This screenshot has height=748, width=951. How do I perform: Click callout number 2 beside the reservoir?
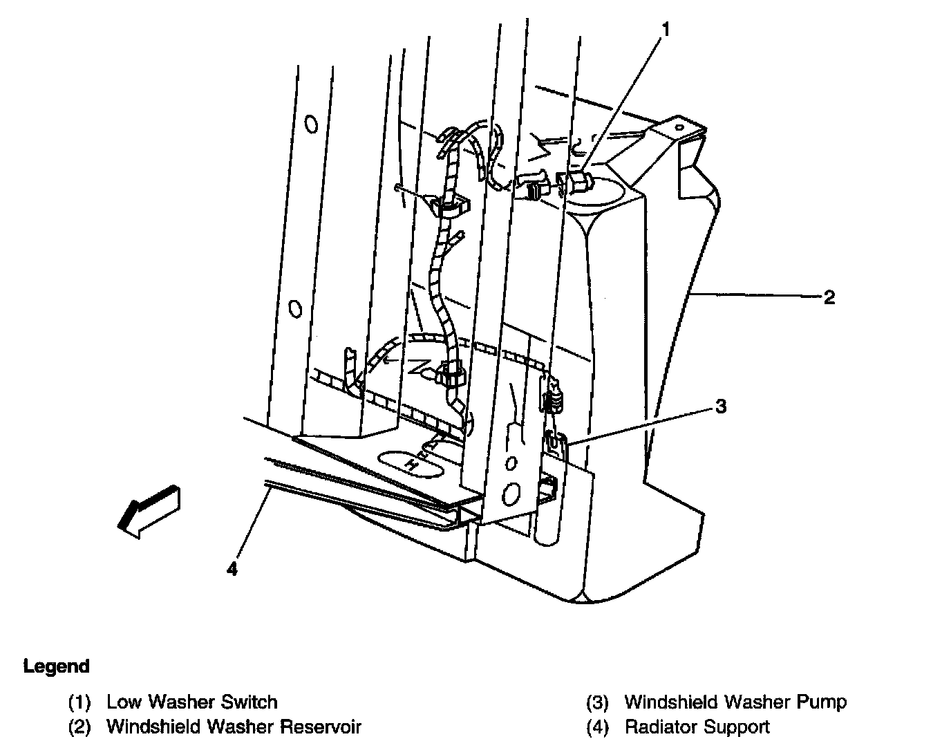click(x=829, y=297)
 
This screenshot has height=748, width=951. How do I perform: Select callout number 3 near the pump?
click(x=721, y=406)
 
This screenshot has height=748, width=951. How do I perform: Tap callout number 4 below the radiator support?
click(x=232, y=568)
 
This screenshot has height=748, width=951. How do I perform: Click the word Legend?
click(x=57, y=666)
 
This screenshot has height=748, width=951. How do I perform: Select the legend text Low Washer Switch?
click(x=191, y=702)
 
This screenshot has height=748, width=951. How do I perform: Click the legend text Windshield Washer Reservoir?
click(x=234, y=727)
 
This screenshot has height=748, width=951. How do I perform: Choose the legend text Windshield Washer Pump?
click(x=735, y=702)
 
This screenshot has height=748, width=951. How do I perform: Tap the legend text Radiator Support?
click(x=697, y=727)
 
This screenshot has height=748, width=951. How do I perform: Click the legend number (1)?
click(x=79, y=703)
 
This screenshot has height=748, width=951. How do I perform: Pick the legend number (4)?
click(x=598, y=727)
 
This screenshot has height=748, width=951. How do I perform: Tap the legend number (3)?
click(x=598, y=703)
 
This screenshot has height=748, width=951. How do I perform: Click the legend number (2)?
click(x=79, y=727)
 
